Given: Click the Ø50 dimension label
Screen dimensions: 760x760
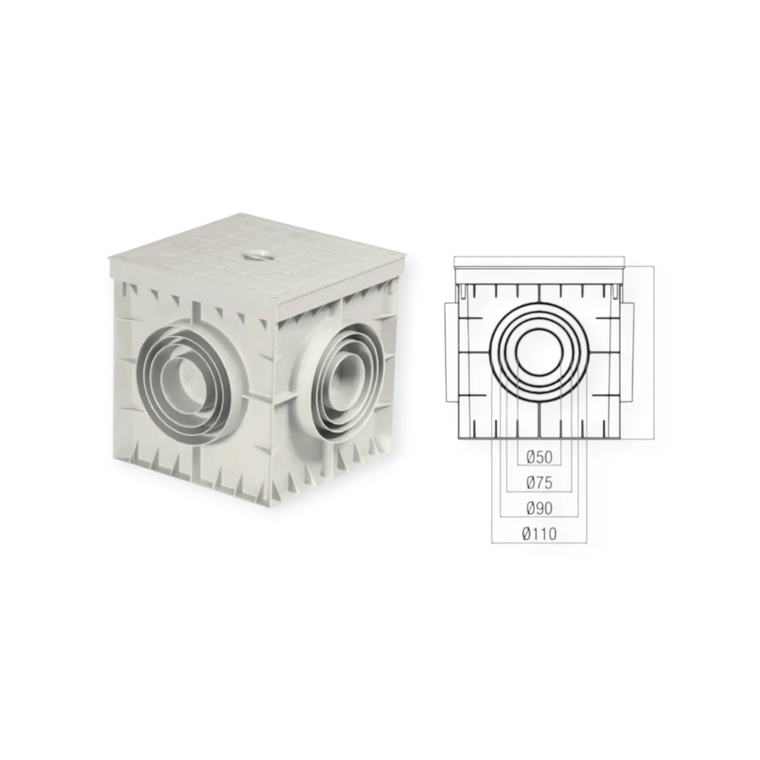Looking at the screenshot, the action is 539,457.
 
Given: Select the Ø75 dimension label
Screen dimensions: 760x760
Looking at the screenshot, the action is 539,483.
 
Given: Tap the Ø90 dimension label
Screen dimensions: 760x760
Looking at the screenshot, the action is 539,509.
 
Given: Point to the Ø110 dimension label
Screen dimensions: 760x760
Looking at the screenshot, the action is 539,534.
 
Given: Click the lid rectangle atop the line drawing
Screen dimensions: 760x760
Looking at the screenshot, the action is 539,262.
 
